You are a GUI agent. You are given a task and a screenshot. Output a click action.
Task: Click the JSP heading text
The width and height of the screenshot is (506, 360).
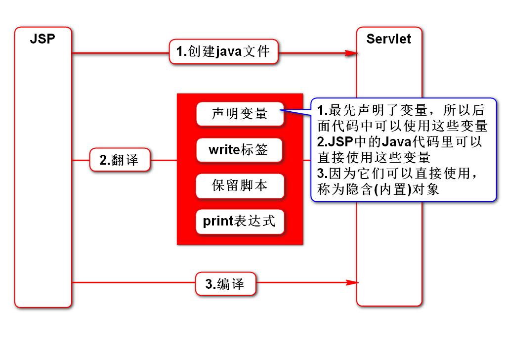(x=42, y=39)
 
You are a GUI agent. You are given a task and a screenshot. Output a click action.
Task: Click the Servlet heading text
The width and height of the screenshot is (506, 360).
(x=388, y=39)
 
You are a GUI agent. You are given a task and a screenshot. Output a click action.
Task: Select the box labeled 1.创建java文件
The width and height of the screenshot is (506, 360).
(x=223, y=51)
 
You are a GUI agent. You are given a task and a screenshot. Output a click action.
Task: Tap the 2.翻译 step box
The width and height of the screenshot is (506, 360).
(x=120, y=160)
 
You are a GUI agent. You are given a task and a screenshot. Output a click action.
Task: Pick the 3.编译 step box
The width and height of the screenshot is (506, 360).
(x=225, y=284)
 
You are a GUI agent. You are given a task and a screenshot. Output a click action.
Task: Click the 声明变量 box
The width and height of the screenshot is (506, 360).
(x=240, y=114)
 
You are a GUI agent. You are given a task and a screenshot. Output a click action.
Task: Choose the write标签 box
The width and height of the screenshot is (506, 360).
(x=239, y=150)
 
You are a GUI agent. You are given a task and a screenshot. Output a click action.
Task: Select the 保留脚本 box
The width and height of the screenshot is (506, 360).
(x=240, y=185)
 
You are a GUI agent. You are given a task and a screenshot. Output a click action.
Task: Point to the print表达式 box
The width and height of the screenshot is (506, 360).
(x=240, y=221)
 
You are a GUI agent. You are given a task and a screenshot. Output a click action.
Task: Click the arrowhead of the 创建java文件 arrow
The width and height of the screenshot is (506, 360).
(x=352, y=53)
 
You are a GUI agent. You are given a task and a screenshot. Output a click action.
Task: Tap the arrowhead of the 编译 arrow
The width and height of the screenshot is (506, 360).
(x=352, y=283)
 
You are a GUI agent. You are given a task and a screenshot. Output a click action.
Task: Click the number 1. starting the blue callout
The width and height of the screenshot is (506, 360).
(x=322, y=110)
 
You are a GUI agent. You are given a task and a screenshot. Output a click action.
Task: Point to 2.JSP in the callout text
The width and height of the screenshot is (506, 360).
(x=335, y=141)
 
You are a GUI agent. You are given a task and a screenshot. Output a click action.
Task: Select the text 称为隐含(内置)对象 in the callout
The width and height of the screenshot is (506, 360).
(x=378, y=189)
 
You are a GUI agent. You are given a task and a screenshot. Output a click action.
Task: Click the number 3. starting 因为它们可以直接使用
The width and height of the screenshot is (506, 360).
(x=322, y=174)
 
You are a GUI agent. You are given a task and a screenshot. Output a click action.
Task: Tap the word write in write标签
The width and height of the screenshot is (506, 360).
(x=224, y=150)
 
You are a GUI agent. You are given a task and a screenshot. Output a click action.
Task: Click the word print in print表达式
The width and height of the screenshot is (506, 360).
(x=218, y=221)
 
